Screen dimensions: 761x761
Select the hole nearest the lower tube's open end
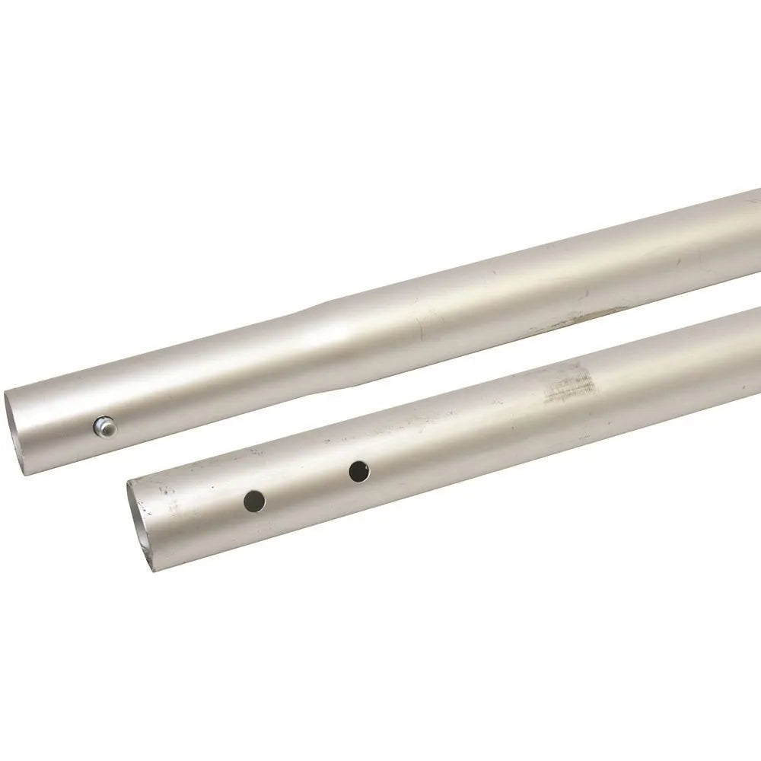254,500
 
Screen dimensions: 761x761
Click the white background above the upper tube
304,152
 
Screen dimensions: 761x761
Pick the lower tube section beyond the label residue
685,358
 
